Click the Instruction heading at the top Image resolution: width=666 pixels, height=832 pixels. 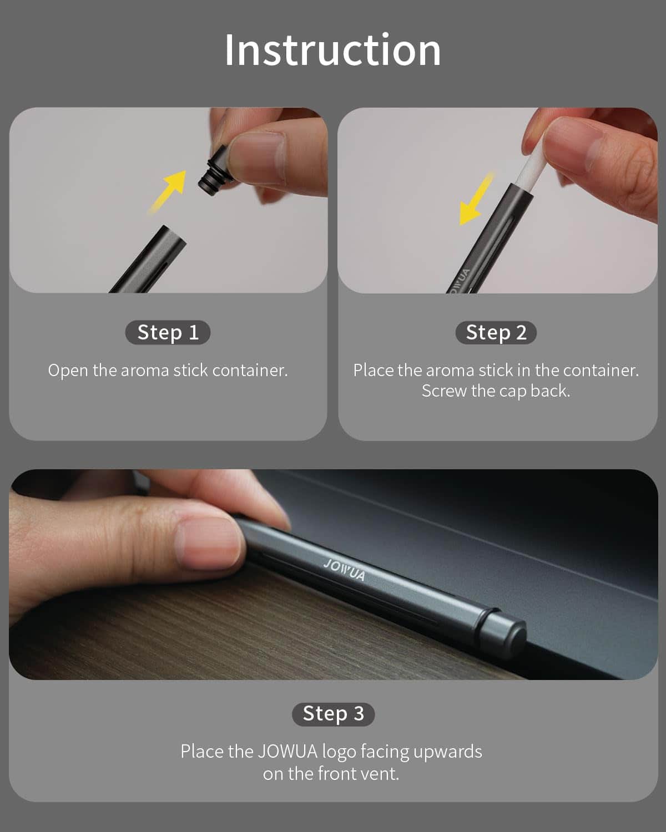coord(332,50)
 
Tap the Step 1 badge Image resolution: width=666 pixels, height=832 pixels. coord(168,332)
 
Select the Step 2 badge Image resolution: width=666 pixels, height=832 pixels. coord(496,332)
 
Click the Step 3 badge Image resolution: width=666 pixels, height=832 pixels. coord(333,713)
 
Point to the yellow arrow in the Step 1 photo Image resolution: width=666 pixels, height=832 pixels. coord(168,191)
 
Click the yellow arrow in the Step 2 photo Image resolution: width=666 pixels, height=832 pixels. coord(476,200)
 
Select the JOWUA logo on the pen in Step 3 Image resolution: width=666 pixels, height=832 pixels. coord(345,570)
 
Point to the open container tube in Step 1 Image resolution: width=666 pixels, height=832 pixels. coord(149,259)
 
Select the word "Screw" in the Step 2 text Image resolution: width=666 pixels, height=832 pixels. coord(444,391)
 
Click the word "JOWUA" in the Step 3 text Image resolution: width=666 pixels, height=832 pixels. coord(287,752)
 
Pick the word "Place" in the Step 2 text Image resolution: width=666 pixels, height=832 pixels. coord(373,371)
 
